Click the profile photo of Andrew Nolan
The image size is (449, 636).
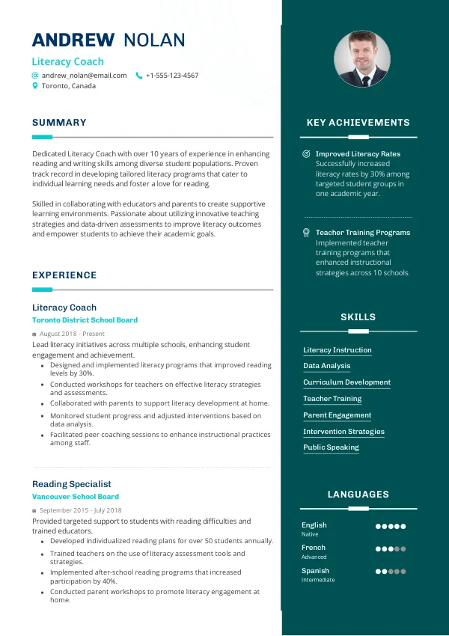361,59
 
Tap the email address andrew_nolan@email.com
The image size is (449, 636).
84,76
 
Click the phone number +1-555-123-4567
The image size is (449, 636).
172,76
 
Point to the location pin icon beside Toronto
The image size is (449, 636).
34,86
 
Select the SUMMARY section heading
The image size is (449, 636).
59,123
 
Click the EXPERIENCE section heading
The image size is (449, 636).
64,275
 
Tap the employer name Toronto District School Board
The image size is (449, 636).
85,320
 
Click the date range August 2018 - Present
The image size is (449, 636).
72,334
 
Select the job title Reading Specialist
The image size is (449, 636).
71,484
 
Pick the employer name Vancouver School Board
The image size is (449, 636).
75,497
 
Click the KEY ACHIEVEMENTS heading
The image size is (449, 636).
358,123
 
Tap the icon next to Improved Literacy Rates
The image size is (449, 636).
306,154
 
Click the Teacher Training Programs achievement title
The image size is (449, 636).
363,233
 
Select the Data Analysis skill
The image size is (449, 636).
326,366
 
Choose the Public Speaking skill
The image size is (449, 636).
331,447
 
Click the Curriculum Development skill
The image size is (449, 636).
346,382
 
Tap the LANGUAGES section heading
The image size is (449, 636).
358,495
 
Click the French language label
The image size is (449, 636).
314,548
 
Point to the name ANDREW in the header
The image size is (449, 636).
73,40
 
